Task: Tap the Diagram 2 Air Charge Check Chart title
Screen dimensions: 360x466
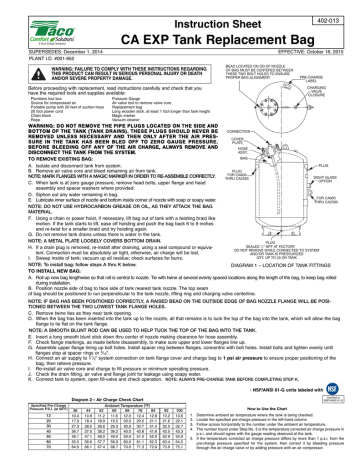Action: (91, 370)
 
